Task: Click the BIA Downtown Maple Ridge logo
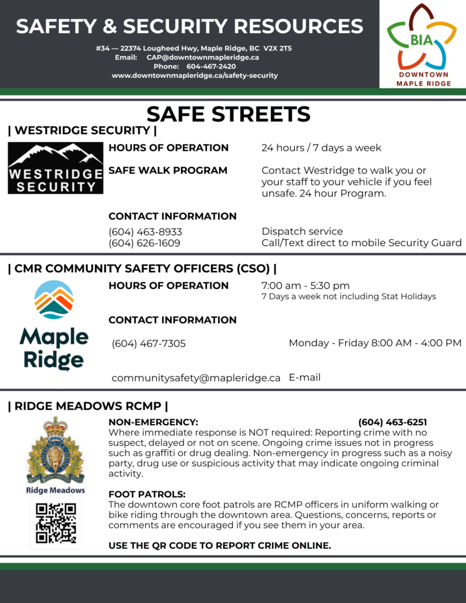tap(422, 44)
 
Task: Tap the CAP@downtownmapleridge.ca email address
tap(203, 57)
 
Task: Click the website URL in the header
tap(194, 75)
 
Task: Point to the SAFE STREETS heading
tap(228, 114)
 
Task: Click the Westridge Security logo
tap(55, 168)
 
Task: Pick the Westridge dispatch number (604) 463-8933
tap(145, 231)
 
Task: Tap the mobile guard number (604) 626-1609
tap(144, 243)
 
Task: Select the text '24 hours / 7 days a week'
tap(321, 148)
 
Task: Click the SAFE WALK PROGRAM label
tap(168, 170)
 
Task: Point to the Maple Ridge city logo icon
tap(54, 300)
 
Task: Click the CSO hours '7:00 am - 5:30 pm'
tap(305, 286)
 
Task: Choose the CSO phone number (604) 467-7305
tap(148, 343)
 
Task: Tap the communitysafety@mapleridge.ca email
tap(196, 378)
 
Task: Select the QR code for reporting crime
tap(56, 523)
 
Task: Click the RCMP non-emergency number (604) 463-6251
tap(392, 422)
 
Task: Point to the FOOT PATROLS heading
tap(147, 494)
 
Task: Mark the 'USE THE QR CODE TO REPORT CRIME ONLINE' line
tap(220, 546)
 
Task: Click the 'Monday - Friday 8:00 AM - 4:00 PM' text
tap(375, 343)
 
